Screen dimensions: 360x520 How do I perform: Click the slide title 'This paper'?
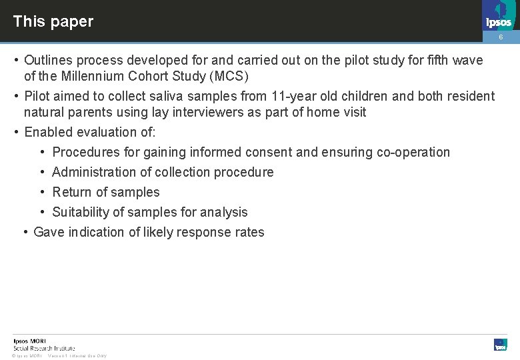point(53,21)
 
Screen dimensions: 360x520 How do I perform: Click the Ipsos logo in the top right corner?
point(499,15)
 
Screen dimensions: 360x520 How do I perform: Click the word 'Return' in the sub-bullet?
point(71,192)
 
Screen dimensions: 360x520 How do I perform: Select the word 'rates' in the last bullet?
point(248,232)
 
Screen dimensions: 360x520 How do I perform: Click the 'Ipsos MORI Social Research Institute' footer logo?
point(43,344)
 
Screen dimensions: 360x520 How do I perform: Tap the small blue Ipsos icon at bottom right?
point(501,345)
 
